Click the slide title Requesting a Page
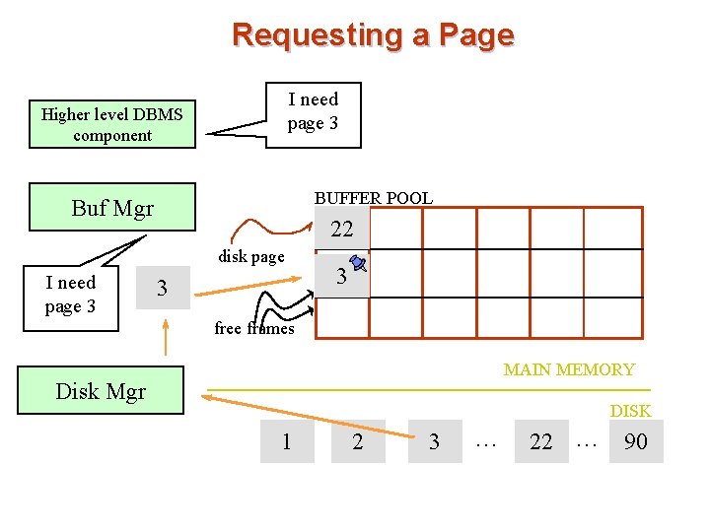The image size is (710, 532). (x=373, y=35)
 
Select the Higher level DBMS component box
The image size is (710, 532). (x=112, y=125)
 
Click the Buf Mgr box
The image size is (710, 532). (x=112, y=208)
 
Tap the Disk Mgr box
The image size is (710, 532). (x=101, y=391)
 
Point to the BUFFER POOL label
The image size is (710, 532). (x=373, y=198)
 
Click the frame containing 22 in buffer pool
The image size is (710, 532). (x=342, y=231)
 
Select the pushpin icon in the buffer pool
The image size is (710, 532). (x=358, y=263)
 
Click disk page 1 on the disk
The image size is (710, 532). (x=287, y=441)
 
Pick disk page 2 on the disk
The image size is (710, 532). (x=357, y=441)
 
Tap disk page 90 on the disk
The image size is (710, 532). (x=636, y=441)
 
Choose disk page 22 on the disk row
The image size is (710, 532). (x=541, y=441)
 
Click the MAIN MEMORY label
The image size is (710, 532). (x=569, y=369)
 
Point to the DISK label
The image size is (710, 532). (x=630, y=410)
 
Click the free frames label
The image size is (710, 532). (x=254, y=329)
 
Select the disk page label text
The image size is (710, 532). (x=251, y=257)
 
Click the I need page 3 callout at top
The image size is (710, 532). (x=313, y=112)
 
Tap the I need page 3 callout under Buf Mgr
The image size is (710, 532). (x=71, y=295)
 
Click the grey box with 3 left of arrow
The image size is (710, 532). (x=163, y=289)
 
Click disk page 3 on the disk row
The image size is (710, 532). (x=434, y=441)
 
